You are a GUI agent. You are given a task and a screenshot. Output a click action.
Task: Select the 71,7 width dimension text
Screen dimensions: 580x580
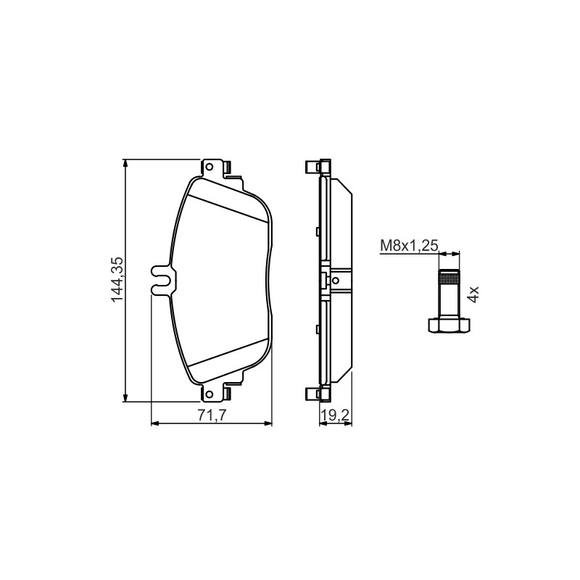(x=212, y=415)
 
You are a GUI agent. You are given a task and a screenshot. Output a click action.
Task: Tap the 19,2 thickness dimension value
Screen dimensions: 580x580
(x=335, y=415)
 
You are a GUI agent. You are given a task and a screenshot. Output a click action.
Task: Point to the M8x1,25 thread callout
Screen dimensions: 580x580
(x=409, y=245)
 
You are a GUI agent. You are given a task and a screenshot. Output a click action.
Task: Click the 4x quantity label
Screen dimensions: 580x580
(x=473, y=294)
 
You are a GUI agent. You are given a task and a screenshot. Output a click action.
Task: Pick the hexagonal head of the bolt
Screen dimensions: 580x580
(x=449, y=325)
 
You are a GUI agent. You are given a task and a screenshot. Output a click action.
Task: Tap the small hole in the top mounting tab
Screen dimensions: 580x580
(x=209, y=167)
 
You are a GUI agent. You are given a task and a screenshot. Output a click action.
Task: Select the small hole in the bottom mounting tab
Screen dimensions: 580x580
(x=209, y=394)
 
